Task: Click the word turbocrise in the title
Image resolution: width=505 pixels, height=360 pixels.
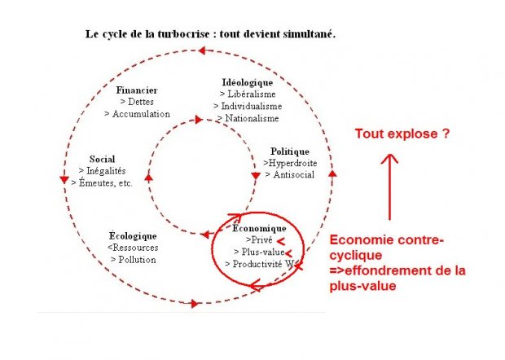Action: [x=183, y=34]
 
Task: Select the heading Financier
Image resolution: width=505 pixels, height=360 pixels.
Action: [x=137, y=90]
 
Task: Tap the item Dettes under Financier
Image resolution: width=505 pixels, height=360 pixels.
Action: [x=141, y=102]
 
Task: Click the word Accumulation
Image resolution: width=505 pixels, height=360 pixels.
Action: [x=141, y=114]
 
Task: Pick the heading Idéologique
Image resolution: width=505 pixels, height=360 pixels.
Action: [x=248, y=83]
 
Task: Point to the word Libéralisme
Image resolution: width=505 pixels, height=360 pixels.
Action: [x=252, y=94]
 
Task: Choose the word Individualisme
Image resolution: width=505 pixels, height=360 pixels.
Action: [x=252, y=106]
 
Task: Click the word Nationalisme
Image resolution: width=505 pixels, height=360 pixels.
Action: [x=252, y=118]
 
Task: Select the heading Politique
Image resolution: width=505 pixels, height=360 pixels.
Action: [x=290, y=151]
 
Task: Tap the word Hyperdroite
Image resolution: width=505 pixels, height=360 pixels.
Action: [x=292, y=163]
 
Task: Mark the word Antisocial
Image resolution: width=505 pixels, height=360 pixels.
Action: [x=294, y=175]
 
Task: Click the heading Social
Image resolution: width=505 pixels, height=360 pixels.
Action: [x=102, y=159]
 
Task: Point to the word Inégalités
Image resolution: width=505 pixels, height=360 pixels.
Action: [x=106, y=171]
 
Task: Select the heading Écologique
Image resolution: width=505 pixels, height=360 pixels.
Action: [x=133, y=236]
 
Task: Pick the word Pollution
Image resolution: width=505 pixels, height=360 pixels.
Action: [x=137, y=260]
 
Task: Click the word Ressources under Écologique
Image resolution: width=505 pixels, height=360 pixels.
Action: [x=135, y=248]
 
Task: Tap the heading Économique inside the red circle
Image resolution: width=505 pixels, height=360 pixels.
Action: [x=259, y=228]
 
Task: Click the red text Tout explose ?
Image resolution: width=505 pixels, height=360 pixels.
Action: [x=402, y=134]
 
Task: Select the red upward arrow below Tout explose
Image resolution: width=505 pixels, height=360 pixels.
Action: [x=389, y=187]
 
